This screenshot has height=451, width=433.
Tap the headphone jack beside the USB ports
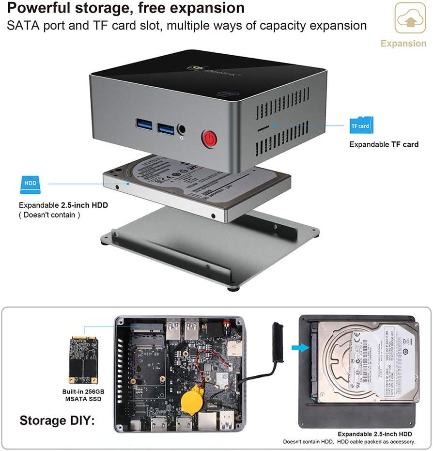coord(183,130)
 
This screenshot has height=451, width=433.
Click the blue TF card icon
coord(360,125)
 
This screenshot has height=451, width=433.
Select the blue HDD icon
coord(30,184)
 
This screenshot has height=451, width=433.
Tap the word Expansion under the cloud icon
coord(403,44)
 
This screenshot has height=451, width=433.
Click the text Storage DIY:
coord(57,420)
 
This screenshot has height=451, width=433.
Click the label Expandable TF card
coord(384,144)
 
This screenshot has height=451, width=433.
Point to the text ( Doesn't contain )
coord(50,215)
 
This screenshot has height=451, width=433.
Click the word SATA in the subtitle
coord(23,25)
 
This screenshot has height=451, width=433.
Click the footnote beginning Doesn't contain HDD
coord(349,441)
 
